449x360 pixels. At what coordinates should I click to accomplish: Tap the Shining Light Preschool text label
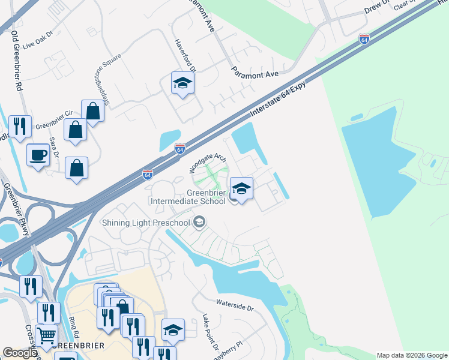(x=146, y=223)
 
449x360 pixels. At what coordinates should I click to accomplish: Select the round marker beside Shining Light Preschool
(x=200, y=224)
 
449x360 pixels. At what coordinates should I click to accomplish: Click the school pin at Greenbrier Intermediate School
(x=241, y=188)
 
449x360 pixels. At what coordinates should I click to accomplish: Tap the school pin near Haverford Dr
(x=182, y=83)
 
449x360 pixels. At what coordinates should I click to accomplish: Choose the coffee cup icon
(x=38, y=155)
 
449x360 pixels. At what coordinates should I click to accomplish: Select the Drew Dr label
(x=376, y=8)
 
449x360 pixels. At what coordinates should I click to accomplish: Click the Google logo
(x=20, y=353)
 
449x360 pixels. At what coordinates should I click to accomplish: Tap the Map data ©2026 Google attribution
(x=412, y=355)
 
